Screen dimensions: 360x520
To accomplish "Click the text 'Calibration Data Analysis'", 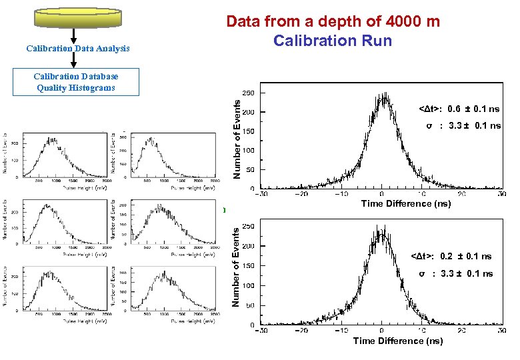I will click(x=78, y=49).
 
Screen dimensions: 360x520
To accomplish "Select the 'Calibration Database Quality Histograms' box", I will click(x=75, y=82).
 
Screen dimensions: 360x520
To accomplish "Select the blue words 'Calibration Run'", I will click(x=332, y=41).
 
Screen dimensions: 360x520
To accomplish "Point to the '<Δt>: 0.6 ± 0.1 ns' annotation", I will click(x=459, y=109).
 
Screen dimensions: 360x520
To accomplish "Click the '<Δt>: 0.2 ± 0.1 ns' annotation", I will click(x=451, y=257).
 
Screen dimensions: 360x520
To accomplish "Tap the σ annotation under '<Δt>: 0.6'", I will click(x=463, y=126).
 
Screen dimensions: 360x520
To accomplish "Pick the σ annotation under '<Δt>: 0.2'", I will click(x=455, y=274).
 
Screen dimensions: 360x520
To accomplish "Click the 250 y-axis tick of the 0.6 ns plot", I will click(x=247, y=93).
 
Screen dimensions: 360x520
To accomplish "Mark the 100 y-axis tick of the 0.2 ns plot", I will click(x=247, y=286).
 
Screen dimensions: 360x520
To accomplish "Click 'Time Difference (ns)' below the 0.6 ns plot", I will click(x=405, y=204).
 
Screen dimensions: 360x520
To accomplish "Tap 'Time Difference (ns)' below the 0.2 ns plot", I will click(x=397, y=341).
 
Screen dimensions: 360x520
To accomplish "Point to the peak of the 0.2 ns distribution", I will click(x=382, y=233).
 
